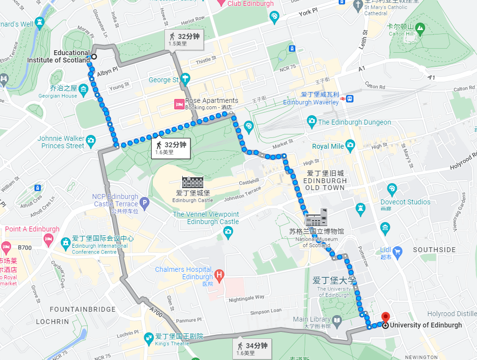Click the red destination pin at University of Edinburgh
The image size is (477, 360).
point(385,317)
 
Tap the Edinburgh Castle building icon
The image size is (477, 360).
point(192,182)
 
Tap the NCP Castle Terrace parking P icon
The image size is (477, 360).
point(144,202)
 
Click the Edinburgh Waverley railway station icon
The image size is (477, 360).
point(350,98)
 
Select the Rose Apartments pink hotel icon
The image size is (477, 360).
point(180,104)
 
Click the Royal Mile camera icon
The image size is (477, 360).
point(350,145)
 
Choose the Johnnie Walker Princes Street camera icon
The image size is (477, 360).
point(91,142)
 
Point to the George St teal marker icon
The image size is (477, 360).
point(185,78)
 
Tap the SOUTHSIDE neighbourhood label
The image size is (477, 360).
point(434,250)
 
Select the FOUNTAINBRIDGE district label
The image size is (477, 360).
point(83,310)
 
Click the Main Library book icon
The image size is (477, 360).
point(337,320)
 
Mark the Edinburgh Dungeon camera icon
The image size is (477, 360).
point(311,121)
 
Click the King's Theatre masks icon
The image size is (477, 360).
point(148,338)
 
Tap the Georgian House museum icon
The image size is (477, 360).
point(83,89)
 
